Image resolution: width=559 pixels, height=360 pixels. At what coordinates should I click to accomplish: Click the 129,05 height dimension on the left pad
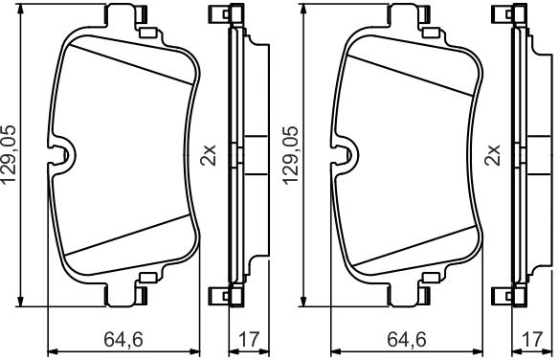pos(10,154)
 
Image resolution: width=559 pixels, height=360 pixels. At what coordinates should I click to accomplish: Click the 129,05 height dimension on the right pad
pos(291,155)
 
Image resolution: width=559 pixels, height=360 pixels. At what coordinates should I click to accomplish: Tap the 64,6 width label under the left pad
pos(123,339)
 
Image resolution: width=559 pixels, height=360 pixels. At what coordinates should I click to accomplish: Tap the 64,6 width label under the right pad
pos(407,339)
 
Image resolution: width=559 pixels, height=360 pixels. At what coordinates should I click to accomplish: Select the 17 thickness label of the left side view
pos(249,339)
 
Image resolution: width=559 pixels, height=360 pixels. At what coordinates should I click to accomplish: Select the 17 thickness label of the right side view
pos(531,339)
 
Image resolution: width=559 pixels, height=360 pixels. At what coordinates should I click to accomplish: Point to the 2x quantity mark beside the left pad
pos(209,155)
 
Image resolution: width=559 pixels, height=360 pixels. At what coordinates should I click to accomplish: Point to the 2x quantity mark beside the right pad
pos(492,155)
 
